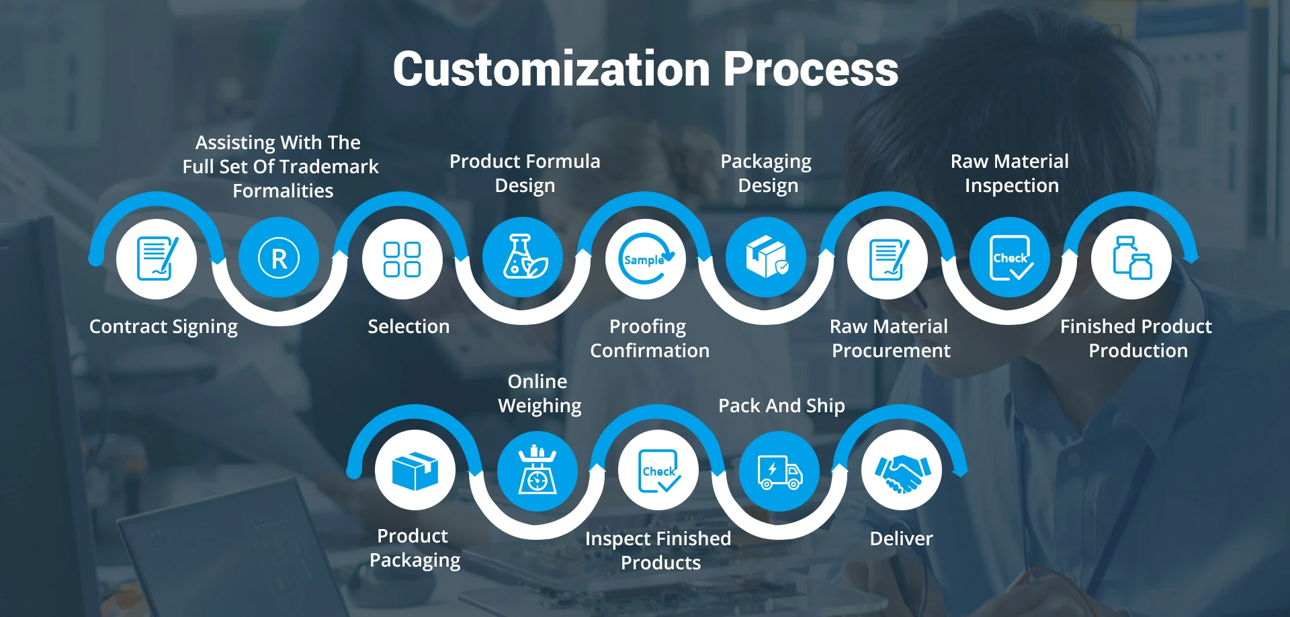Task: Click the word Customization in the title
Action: coord(551,69)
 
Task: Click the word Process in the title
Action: coord(811,69)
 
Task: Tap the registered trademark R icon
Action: coord(279,258)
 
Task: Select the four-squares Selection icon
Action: coord(402,259)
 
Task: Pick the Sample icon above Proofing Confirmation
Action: coord(646,258)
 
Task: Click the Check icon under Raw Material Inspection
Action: coord(1011,258)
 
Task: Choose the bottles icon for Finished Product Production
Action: coord(1132,258)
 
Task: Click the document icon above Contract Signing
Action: coord(157,258)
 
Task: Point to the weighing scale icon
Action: coord(537,469)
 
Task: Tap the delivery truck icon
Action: coord(779,471)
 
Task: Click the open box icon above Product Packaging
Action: coord(415,471)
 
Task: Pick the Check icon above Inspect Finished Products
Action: coord(659,471)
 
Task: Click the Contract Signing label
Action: coord(163,327)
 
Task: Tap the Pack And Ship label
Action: coord(781,406)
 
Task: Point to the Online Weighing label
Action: coord(540,393)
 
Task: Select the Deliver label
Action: coord(901,538)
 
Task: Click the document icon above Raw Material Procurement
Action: coord(888,259)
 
